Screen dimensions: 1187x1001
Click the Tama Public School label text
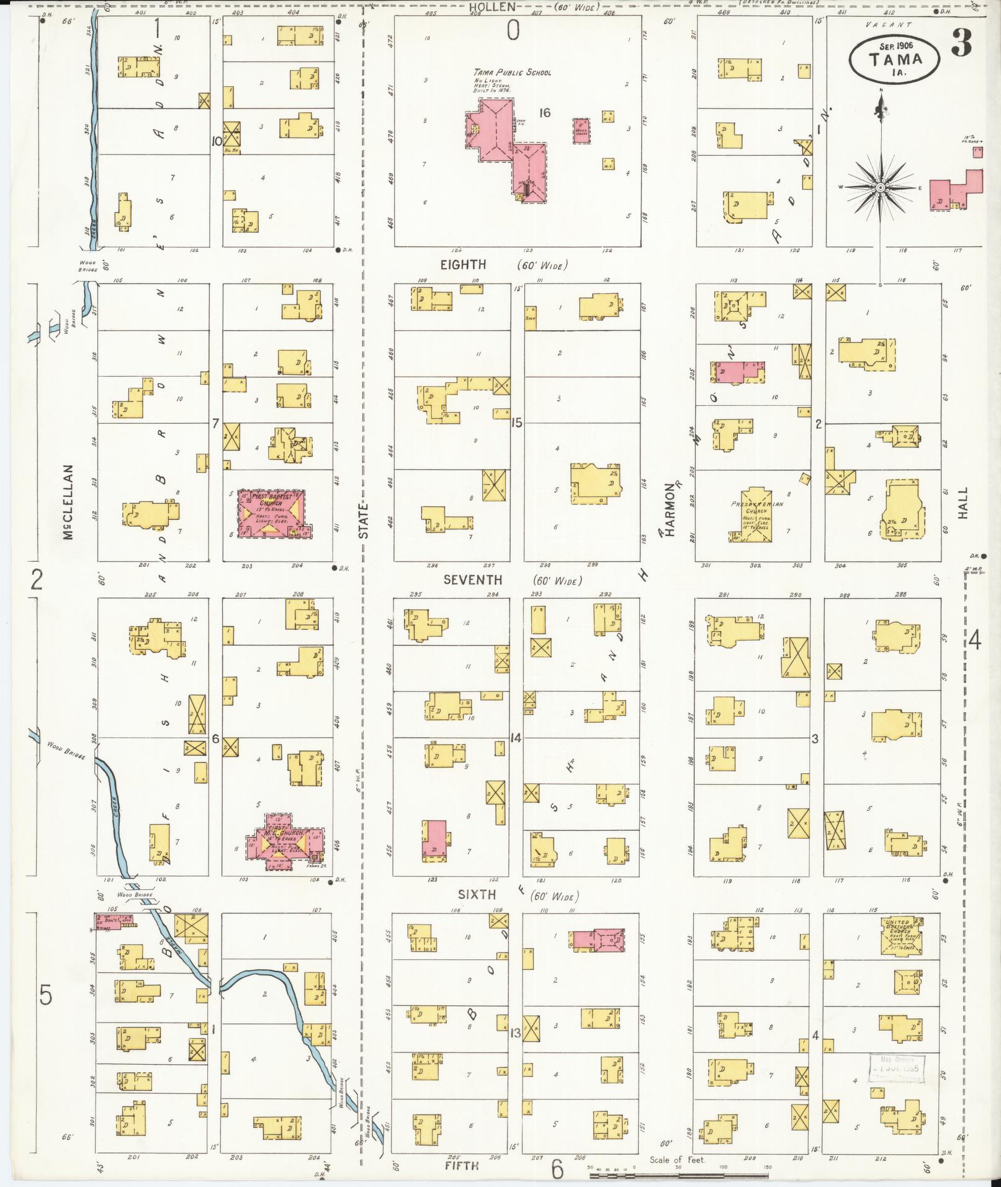[x=513, y=72]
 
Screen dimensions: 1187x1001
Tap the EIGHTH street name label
[x=463, y=265]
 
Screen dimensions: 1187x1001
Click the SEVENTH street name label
[x=472, y=580]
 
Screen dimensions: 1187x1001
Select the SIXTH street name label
[x=477, y=894]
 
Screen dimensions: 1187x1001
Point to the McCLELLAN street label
[x=68, y=503]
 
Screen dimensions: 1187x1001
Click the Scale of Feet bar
[x=680, y=1175]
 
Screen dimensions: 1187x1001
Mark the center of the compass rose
[x=880, y=187]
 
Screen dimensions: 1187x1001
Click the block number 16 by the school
[x=545, y=113]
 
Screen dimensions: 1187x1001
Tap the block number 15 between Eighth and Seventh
[x=516, y=423]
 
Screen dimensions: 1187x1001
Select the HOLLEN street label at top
[x=492, y=7]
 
